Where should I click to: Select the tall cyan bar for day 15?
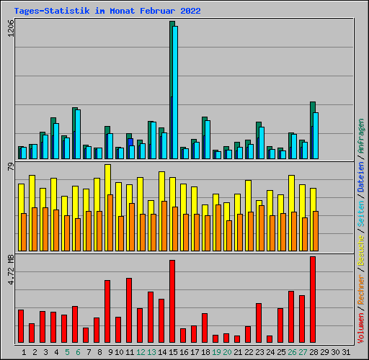coord(175,92)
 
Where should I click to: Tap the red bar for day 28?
coord(313,300)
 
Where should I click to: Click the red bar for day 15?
coord(172,301)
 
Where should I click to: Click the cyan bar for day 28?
coord(316,135)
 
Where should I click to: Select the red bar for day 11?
coord(129,310)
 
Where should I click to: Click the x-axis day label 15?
coord(172,352)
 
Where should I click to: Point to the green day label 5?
coord(67,352)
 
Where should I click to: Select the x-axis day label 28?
coord(313,352)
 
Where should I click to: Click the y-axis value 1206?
coord(10,32)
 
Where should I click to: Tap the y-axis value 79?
coord(10,168)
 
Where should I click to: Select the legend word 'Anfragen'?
coord(361,135)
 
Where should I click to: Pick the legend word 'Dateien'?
coord(361,177)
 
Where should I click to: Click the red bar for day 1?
coord(21,326)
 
